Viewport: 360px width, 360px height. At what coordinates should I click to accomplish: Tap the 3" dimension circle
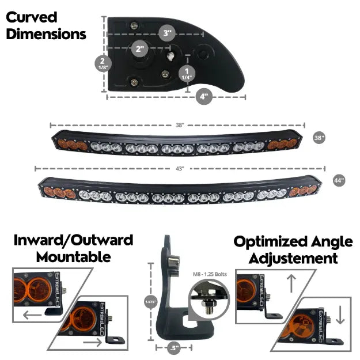pyautogui.click(x=168, y=33)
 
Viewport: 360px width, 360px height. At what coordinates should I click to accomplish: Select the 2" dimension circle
pyautogui.click(x=139, y=49)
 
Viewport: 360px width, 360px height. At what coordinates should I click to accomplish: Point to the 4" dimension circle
pyautogui.click(x=204, y=97)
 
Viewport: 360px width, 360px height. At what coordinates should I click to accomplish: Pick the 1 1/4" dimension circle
pyautogui.click(x=187, y=74)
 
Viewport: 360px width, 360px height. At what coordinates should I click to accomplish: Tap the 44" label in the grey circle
pyautogui.click(x=339, y=180)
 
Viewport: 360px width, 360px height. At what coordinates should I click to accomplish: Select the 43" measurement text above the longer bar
pyautogui.click(x=180, y=169)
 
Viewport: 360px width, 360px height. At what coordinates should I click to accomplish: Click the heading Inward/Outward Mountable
pyautogui.click(x=73, y=248)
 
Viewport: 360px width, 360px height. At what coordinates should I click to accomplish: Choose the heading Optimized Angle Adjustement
pyautogui.click(x=286, y=249)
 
